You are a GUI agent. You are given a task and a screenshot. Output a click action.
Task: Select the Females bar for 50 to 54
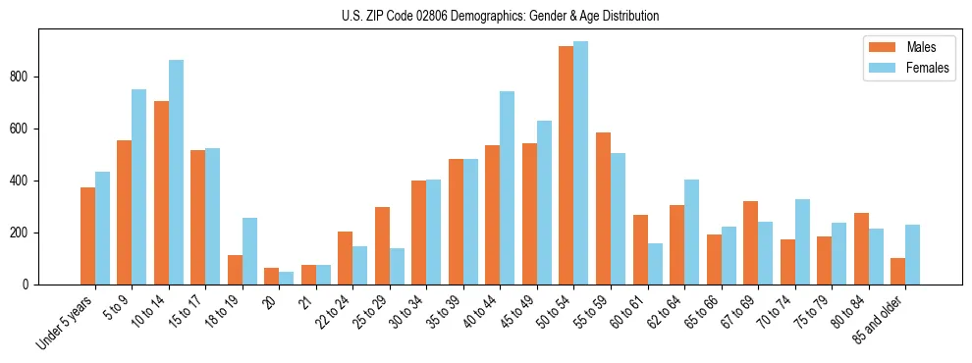580,163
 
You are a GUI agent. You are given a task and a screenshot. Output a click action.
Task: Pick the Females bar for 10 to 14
176,172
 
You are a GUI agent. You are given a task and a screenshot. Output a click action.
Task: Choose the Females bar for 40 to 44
507,187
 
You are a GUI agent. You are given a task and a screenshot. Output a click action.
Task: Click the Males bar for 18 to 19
235,270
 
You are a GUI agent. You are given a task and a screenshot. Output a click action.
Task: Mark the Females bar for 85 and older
912,254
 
